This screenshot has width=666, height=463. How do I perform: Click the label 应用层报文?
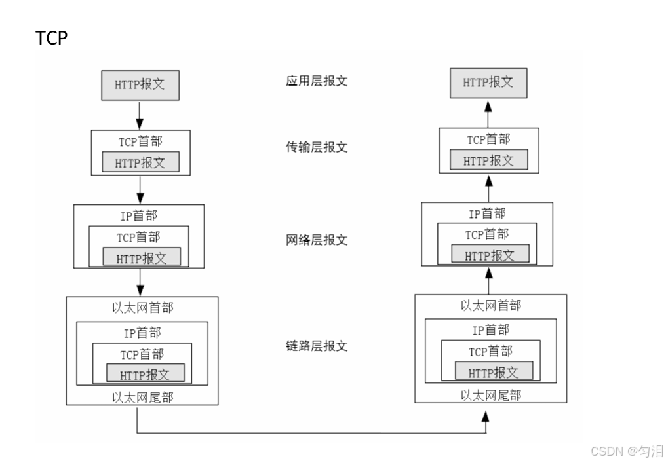point(317,81)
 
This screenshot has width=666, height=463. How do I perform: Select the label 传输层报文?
point(317,147)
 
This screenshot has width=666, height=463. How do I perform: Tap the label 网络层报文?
point(317,240)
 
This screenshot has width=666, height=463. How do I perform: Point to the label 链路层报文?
point(317,345)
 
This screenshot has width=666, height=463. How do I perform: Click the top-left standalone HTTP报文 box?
point(140,85)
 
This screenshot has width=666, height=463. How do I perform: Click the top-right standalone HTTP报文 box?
point(488,83)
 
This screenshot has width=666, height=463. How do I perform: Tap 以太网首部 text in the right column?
point(491,305)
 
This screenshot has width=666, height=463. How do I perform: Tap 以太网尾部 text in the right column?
point(491,395)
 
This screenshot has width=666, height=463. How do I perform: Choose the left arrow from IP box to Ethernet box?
point(140,282)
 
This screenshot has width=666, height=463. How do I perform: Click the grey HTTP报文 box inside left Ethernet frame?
point(146,374)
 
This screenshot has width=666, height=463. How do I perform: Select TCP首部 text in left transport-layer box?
point(140,141)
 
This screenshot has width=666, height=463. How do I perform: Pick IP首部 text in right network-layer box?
point(488,213)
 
